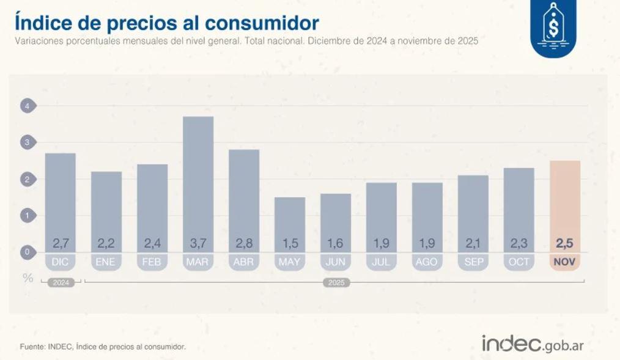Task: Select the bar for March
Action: pyautogui.click(x=198, y=183)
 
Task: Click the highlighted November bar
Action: pyautogui.click(x=565, y=205)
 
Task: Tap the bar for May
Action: pyautogui.click(x=290, y=224)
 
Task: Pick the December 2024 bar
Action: pyautogui.click(x=61, y=202)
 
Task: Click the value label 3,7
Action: pyautogui.click(x=198, y=244)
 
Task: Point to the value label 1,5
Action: pyautogui.click(x=290, y=244)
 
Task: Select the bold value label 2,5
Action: pyautogui.click(x=565, y=244)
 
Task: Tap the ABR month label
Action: pyautogui.click(x=244, y=262)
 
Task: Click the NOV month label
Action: pyautogui.click(x=565, y=262)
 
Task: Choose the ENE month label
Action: pyautogui.click(x=106, y=262)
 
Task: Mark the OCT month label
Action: pyautogui.click(x=519, y=262)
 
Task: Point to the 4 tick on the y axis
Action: pyautogui.click(x=27, y=106)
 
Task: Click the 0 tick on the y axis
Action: pyautogui.click(x=27, y=252)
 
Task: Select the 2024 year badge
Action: pyautogui.click(x=61, y=283)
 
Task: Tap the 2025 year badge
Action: pyautogui.click(x=335, y=283)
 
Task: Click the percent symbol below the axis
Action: pyautogui.click(x=28, y=277)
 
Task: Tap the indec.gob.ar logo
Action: pyautogui.click(x=533, y=343)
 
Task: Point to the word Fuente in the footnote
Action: pyautogui.click(x=31, y=347)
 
